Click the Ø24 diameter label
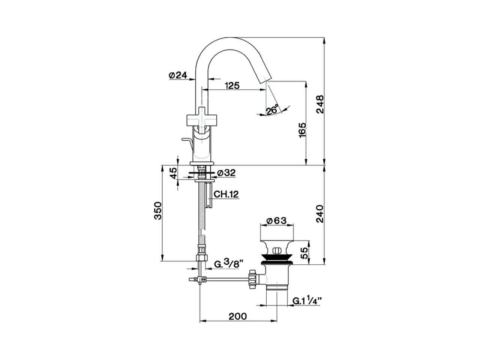178,75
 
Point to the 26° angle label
273,110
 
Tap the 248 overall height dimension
319,104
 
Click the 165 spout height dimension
303,130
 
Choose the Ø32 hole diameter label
226,173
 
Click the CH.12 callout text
226,194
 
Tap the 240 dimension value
319,214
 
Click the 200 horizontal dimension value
238,316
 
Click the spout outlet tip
265,79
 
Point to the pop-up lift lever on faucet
187,142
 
